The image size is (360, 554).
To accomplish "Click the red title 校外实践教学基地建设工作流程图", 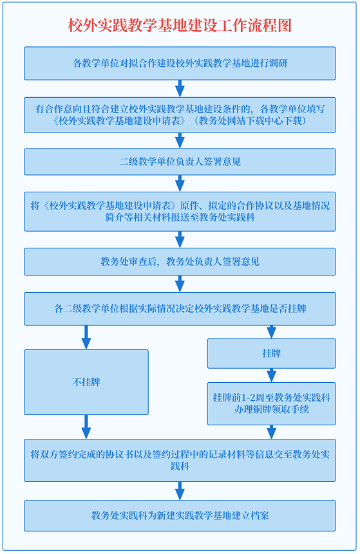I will (180, 25).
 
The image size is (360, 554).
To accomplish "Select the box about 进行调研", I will (180, 63).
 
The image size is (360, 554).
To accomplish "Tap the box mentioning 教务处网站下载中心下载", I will (180, 115).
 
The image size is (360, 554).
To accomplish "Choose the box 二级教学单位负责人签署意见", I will (180, 162).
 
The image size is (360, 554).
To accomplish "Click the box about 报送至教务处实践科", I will (180, 212).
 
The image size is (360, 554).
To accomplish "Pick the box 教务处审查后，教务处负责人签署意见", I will (180, 262).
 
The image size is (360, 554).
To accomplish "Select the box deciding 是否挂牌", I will (180, 309).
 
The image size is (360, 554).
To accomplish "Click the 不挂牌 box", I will (86, 382).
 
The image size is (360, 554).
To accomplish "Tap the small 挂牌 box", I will (271, 353).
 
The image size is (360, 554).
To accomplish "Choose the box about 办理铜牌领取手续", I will (271, 403).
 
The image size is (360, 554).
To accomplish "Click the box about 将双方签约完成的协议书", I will (180, 460).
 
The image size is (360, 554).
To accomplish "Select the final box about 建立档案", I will (180, 516).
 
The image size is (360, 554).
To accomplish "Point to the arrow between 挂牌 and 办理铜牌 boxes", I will (271, 375).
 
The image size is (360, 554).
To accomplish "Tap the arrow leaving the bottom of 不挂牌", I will (86, 427).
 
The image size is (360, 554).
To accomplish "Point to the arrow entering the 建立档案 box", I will (180, 491).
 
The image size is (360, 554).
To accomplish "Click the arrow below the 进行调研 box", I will (180, 88).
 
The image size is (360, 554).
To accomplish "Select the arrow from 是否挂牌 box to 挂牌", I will (271, 331).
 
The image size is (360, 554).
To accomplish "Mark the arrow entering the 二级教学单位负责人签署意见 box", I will (180, 140).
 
